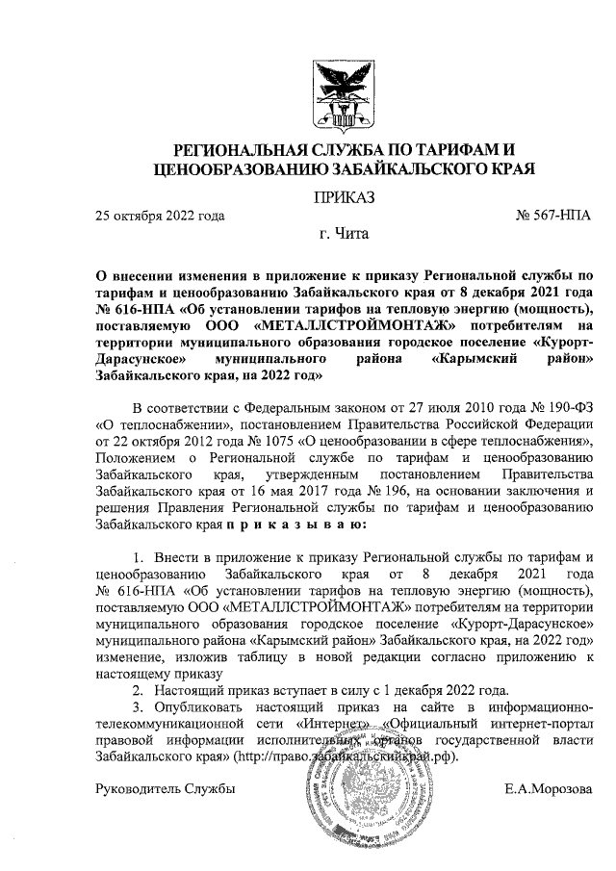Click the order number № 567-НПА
[x=553, y=216]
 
